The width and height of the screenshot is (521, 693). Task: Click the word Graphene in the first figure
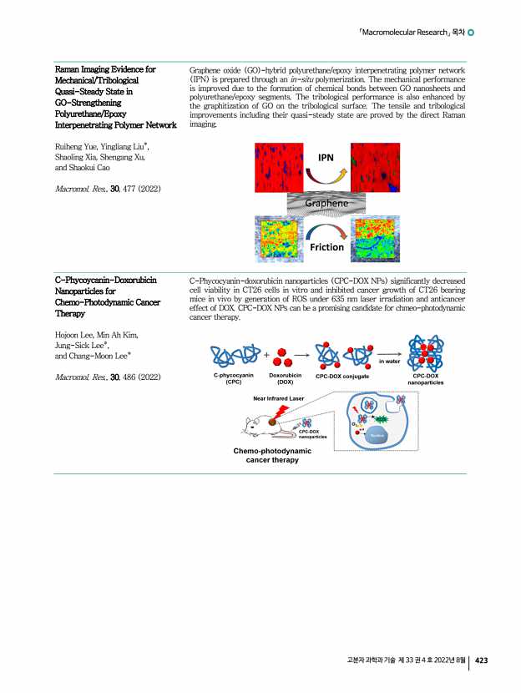click(327, 202)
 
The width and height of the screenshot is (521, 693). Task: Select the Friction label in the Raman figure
click(327, 246)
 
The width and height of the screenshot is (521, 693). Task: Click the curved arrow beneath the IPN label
click(326, 175)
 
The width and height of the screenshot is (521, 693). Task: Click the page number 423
click(481, 660)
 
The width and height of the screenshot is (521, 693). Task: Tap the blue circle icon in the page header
click(472, 33)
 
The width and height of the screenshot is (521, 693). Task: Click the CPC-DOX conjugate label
click(342, 377)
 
